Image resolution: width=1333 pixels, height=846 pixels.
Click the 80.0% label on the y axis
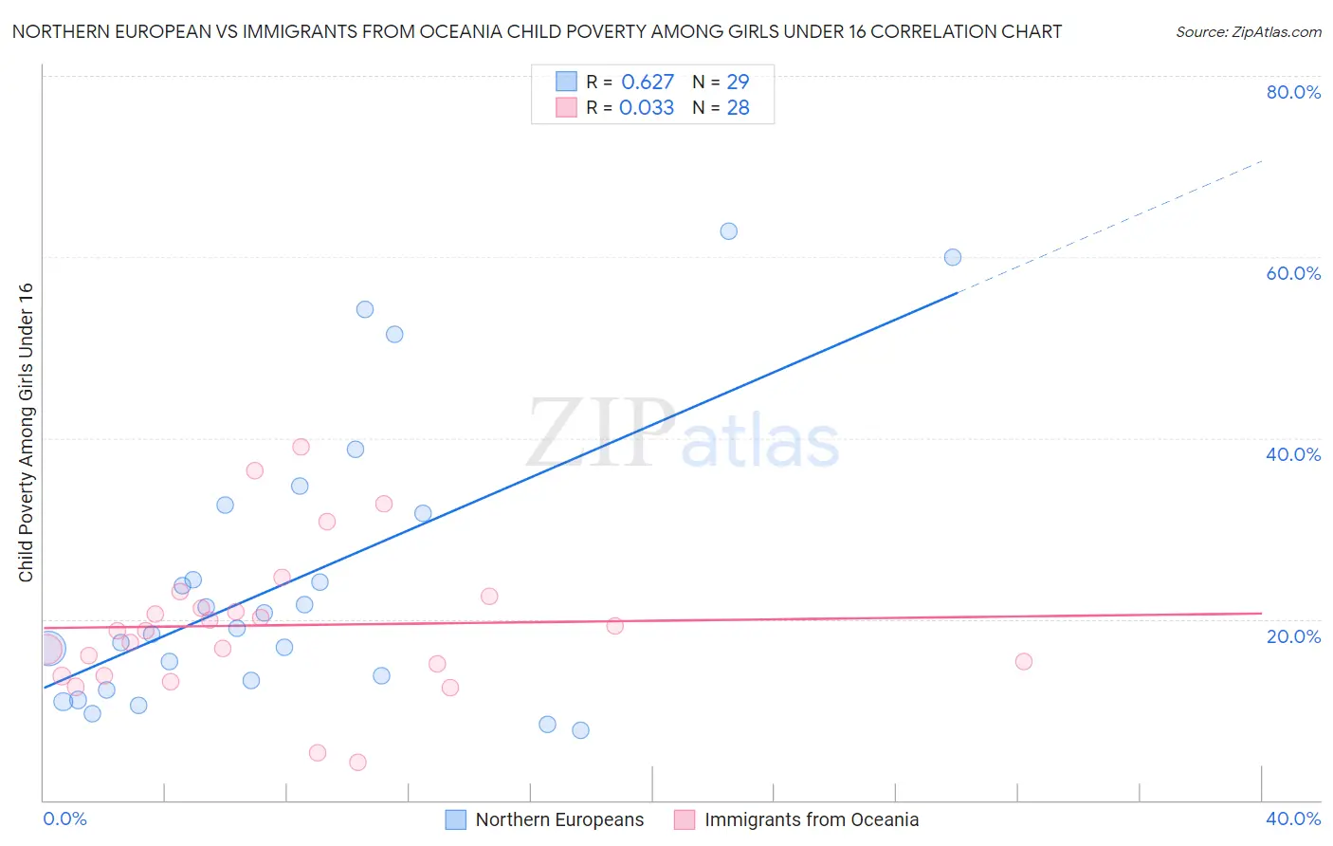click(1293, 92)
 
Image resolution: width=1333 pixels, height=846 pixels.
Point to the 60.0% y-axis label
click(1293, 273)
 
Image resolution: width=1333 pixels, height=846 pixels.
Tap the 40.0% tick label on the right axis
click(1293, 454)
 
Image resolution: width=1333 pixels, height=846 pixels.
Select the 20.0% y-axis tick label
click(1293, 636)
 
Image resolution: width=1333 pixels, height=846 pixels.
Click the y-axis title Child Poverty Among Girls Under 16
click(26, 432)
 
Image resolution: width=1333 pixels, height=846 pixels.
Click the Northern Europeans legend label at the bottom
click(559, 820)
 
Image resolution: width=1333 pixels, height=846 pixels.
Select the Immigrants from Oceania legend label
click(812, 820)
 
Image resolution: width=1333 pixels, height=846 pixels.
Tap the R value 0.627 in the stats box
click(648, 83)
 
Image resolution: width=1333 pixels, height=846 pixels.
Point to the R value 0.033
click(647, 108)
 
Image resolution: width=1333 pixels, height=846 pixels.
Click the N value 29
click(738, 83)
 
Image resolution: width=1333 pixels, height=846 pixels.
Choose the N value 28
click(738, 108)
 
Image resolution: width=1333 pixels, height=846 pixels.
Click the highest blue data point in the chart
click(728, 231)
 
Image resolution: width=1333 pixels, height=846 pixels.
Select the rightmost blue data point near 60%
click(953, 257)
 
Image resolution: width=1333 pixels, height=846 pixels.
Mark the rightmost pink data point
click(1024, 662)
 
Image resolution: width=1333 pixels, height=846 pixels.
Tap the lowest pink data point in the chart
click(357, 763)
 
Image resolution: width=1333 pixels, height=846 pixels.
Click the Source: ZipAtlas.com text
click(1248, 32)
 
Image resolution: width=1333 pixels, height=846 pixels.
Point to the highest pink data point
click(301, 447)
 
